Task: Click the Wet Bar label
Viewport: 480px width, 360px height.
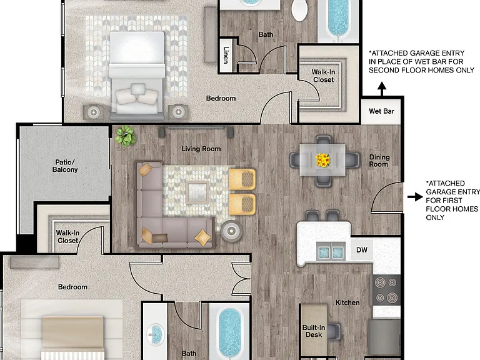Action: pyautogui.click(x=381, y=111)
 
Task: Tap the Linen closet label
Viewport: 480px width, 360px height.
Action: pyautogui.click(x=226, y=55)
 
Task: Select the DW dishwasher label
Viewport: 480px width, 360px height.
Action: pyautogui.click(x=361, y=250)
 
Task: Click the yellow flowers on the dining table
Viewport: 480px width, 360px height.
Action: pyautogui.click(x=323, y=160)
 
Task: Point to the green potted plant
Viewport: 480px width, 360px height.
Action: pyautogui.click(x=126, y=136)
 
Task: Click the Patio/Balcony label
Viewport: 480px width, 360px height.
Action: pyautogui.click(x=65, y=166)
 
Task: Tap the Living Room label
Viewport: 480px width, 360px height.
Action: pyautogui.click(x=201, y=149)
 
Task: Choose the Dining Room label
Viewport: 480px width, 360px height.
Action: pyautogui.click(x=379, y=161)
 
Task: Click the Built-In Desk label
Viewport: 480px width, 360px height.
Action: pyautogui.click(x=314, y=331)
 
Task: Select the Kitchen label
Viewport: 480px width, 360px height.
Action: pyautogui.click(x=347, y=302)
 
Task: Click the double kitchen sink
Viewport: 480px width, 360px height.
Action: pyautogui.click(x=331, y=252)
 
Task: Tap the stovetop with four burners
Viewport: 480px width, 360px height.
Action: pyautogui.click(x=386, y=289)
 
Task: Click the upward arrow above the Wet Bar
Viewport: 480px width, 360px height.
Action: pyautogui.click(x=381, y=89)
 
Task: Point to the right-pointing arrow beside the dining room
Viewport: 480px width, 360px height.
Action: pyautogui.click(x=415, y=197)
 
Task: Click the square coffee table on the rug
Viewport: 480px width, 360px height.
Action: pyautogui.click(x=197, y=192)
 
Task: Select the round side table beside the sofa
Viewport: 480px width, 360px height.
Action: pyautogui.click(x=231, y=231)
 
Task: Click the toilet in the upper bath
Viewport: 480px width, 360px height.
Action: pyautogui.click(x=300, y=10)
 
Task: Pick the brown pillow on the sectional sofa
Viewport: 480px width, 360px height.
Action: pyautogui.click(x=160, y=238)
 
